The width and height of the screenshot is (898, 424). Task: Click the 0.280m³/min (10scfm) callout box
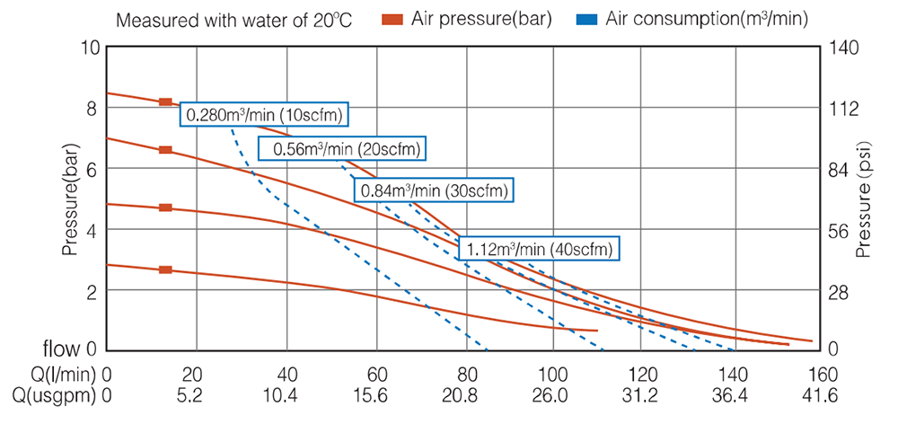click(x=265, y=115)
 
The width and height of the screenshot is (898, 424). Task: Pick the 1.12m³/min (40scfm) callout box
click(x=540, y=249)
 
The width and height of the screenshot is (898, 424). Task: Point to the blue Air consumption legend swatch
click(x=586, y=18)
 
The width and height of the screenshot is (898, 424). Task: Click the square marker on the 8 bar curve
click(x=165, y=102)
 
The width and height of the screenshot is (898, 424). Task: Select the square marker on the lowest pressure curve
click(x=165, y=269)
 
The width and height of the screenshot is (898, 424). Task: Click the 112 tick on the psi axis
click(x=848, y=109)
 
